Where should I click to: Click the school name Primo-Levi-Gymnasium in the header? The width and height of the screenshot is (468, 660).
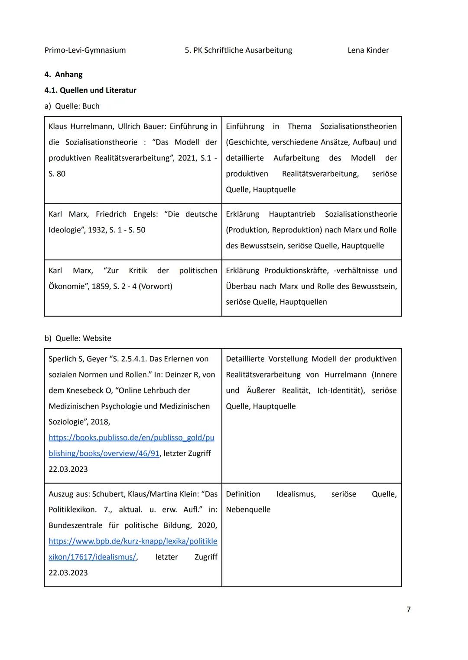click(85, 50)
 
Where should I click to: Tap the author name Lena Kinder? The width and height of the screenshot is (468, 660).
click(368, 50)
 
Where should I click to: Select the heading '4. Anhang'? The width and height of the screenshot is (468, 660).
click(63, 74)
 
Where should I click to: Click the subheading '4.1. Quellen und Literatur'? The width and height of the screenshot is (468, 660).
click(90, 90)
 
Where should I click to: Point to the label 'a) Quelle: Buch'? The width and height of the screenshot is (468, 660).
click(72, 106)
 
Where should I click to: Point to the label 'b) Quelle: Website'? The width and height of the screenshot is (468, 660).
click(78, 338)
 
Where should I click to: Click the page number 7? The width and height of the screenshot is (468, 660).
click(408, 609)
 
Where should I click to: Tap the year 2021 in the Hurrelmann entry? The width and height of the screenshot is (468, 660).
click(187, 158)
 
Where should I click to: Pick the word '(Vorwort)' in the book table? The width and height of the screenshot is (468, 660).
click(155, 287)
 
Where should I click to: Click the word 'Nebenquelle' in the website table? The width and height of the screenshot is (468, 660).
click(248, 510)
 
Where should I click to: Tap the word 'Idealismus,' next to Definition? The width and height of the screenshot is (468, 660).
click(296, 494)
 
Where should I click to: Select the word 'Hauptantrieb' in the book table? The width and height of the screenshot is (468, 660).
click(292, 214)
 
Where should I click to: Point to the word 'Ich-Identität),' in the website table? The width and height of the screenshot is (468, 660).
click(341, 390)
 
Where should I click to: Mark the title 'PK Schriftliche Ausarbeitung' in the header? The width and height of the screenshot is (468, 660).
click(242, 50)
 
